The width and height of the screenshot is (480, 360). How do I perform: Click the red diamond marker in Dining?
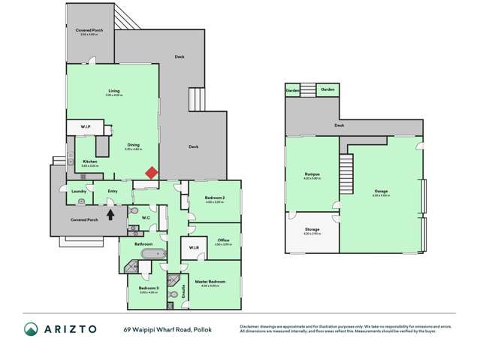pyautogui.click(x=151, y=173)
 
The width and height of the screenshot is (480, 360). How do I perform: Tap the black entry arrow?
pyautogui.click(x=111, y=213)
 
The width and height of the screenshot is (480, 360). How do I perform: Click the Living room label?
pyautogui.click(x=113, y=91)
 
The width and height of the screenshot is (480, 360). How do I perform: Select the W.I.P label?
pyautogui.click(x=86, y=126)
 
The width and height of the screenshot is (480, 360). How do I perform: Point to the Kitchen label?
pyautogui.click(x=89, y=162)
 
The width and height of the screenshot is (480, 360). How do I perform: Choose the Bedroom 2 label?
pyautogui.click(x=215, y=198)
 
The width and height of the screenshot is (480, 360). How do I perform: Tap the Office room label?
pyautogui.click(x=222, y=241)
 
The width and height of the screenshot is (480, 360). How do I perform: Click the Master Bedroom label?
pyautogui.click(x=215, y=281)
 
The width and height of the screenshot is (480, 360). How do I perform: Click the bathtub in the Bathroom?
pyautogui.click(x=152, y=256)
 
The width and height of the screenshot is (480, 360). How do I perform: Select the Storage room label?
pyautogui.click(x=312, y=228)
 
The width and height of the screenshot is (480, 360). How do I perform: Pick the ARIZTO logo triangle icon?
pyautogui.click(x=32, y=329)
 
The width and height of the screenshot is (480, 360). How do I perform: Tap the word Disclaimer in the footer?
pyautogui.click(x=250, y=325)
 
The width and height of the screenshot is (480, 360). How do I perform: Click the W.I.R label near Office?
pyautogui.click(x=193, y=248)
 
